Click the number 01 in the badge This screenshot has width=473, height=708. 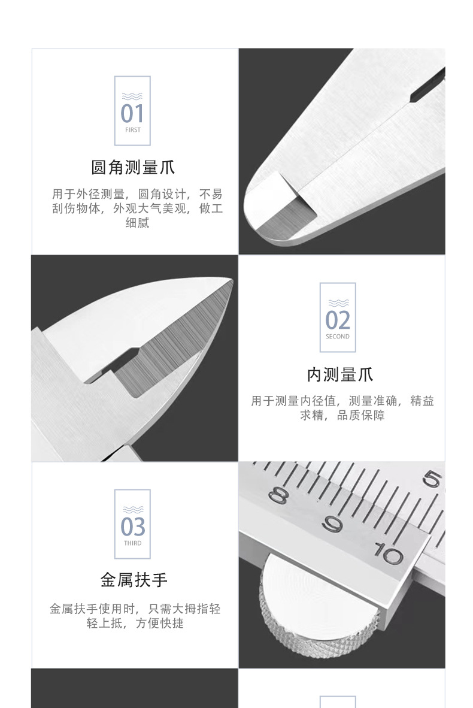tap(132, 113)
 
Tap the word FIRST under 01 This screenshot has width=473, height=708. tap(132, 130)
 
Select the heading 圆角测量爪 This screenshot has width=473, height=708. tap(132, 167)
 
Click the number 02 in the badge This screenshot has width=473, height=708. tap(338, 320)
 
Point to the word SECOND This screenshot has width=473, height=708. tap(338, 337)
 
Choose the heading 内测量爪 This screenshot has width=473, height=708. tap(339, 375)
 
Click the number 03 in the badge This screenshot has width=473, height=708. tap(132, 527)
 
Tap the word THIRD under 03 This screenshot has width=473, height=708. tap(132, 543)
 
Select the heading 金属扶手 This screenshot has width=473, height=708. tap(134, 580)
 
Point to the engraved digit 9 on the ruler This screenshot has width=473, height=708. tap(332, 525)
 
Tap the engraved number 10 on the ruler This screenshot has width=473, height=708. tap(390, 554)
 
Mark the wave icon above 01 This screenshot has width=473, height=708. tap(132, 96)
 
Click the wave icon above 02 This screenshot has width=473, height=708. tap(338, 302)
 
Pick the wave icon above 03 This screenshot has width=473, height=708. tap(132, 510)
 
